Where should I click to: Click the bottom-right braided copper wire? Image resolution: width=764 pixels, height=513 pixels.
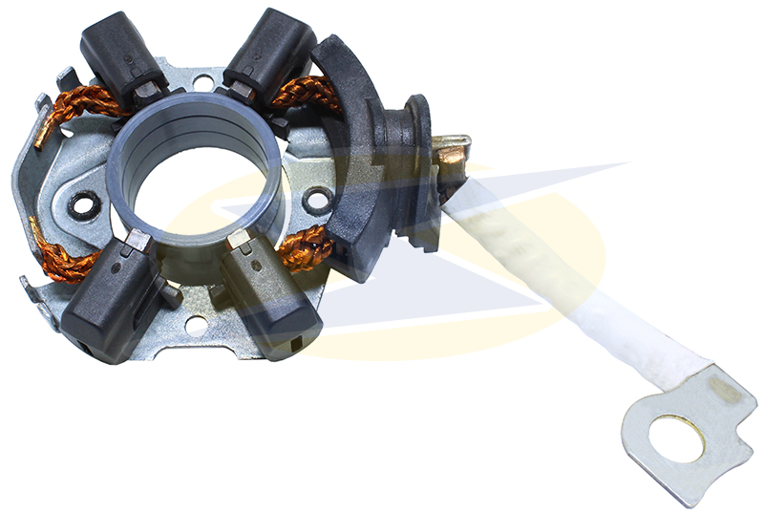coord(306,250)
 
